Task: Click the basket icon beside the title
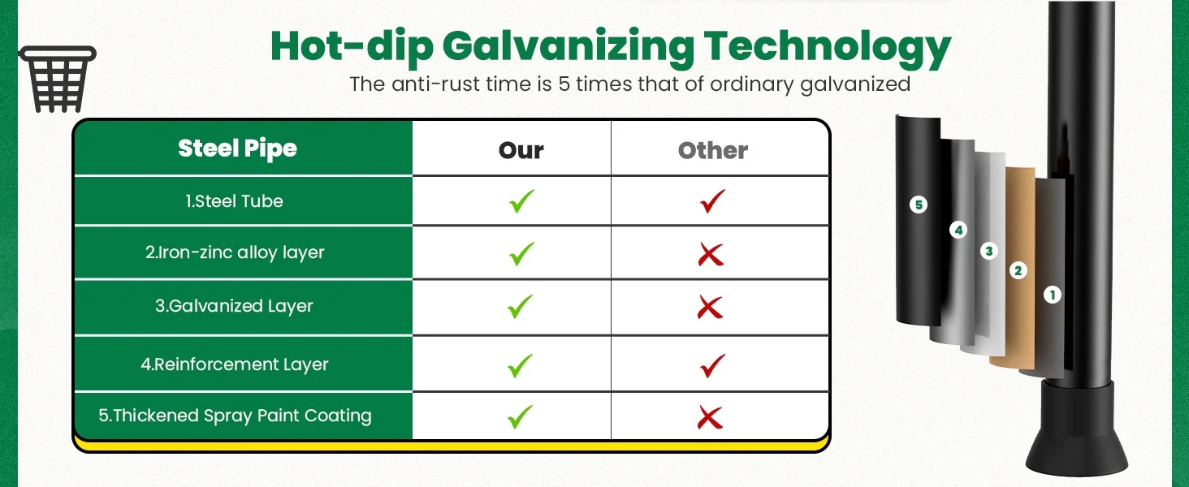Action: [58, 79]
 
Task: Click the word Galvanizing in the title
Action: [568, 47]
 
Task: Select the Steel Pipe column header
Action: [237, 149]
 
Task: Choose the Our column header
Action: [521, 151]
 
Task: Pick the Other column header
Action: [713, 151]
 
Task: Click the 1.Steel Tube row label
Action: [234, 201]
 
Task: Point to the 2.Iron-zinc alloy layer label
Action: [235, 252]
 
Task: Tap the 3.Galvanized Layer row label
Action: [234, 306]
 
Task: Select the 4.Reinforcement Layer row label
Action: [235, 364]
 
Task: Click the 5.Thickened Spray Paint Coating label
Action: [235, 416]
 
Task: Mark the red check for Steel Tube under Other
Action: [711, 201]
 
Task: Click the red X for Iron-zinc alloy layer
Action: [711, 255]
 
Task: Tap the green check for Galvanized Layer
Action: [520, 307]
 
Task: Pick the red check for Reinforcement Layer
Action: [711, 365]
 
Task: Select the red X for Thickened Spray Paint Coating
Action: [710, 417]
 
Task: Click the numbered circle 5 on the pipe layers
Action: [919, 205]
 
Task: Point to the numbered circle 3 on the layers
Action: [988, 251]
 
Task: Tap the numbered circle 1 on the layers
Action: [1052, 295]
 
